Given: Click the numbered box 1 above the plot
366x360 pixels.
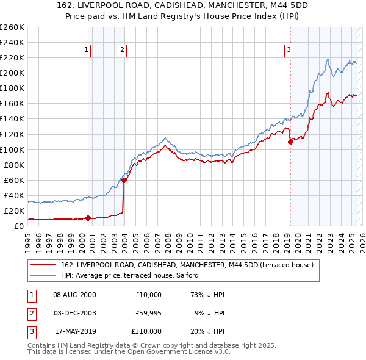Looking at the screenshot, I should pyautogui.click(x=87, y=51).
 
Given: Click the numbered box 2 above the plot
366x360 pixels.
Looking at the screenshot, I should pyautogui.click(x=123, y=51).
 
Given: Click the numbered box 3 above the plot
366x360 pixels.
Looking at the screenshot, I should pyautogui.click(x=289, y=51).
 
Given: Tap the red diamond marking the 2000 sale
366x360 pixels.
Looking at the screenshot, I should pyautogui.click(x=88, y=218).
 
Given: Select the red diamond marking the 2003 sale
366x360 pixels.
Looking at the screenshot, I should pyautogui.click(x=124, y=180).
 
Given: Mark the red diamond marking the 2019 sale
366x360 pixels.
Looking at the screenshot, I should pyautogui.click(x=290, y=142).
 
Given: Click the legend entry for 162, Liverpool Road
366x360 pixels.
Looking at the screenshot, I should pyautogui.click(x=187, y=265).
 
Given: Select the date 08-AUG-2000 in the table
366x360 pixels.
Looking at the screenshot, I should pyautogui.click(x=75, y=295).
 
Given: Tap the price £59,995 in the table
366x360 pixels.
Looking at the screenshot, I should pyautogui.click(x=148, y=313).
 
